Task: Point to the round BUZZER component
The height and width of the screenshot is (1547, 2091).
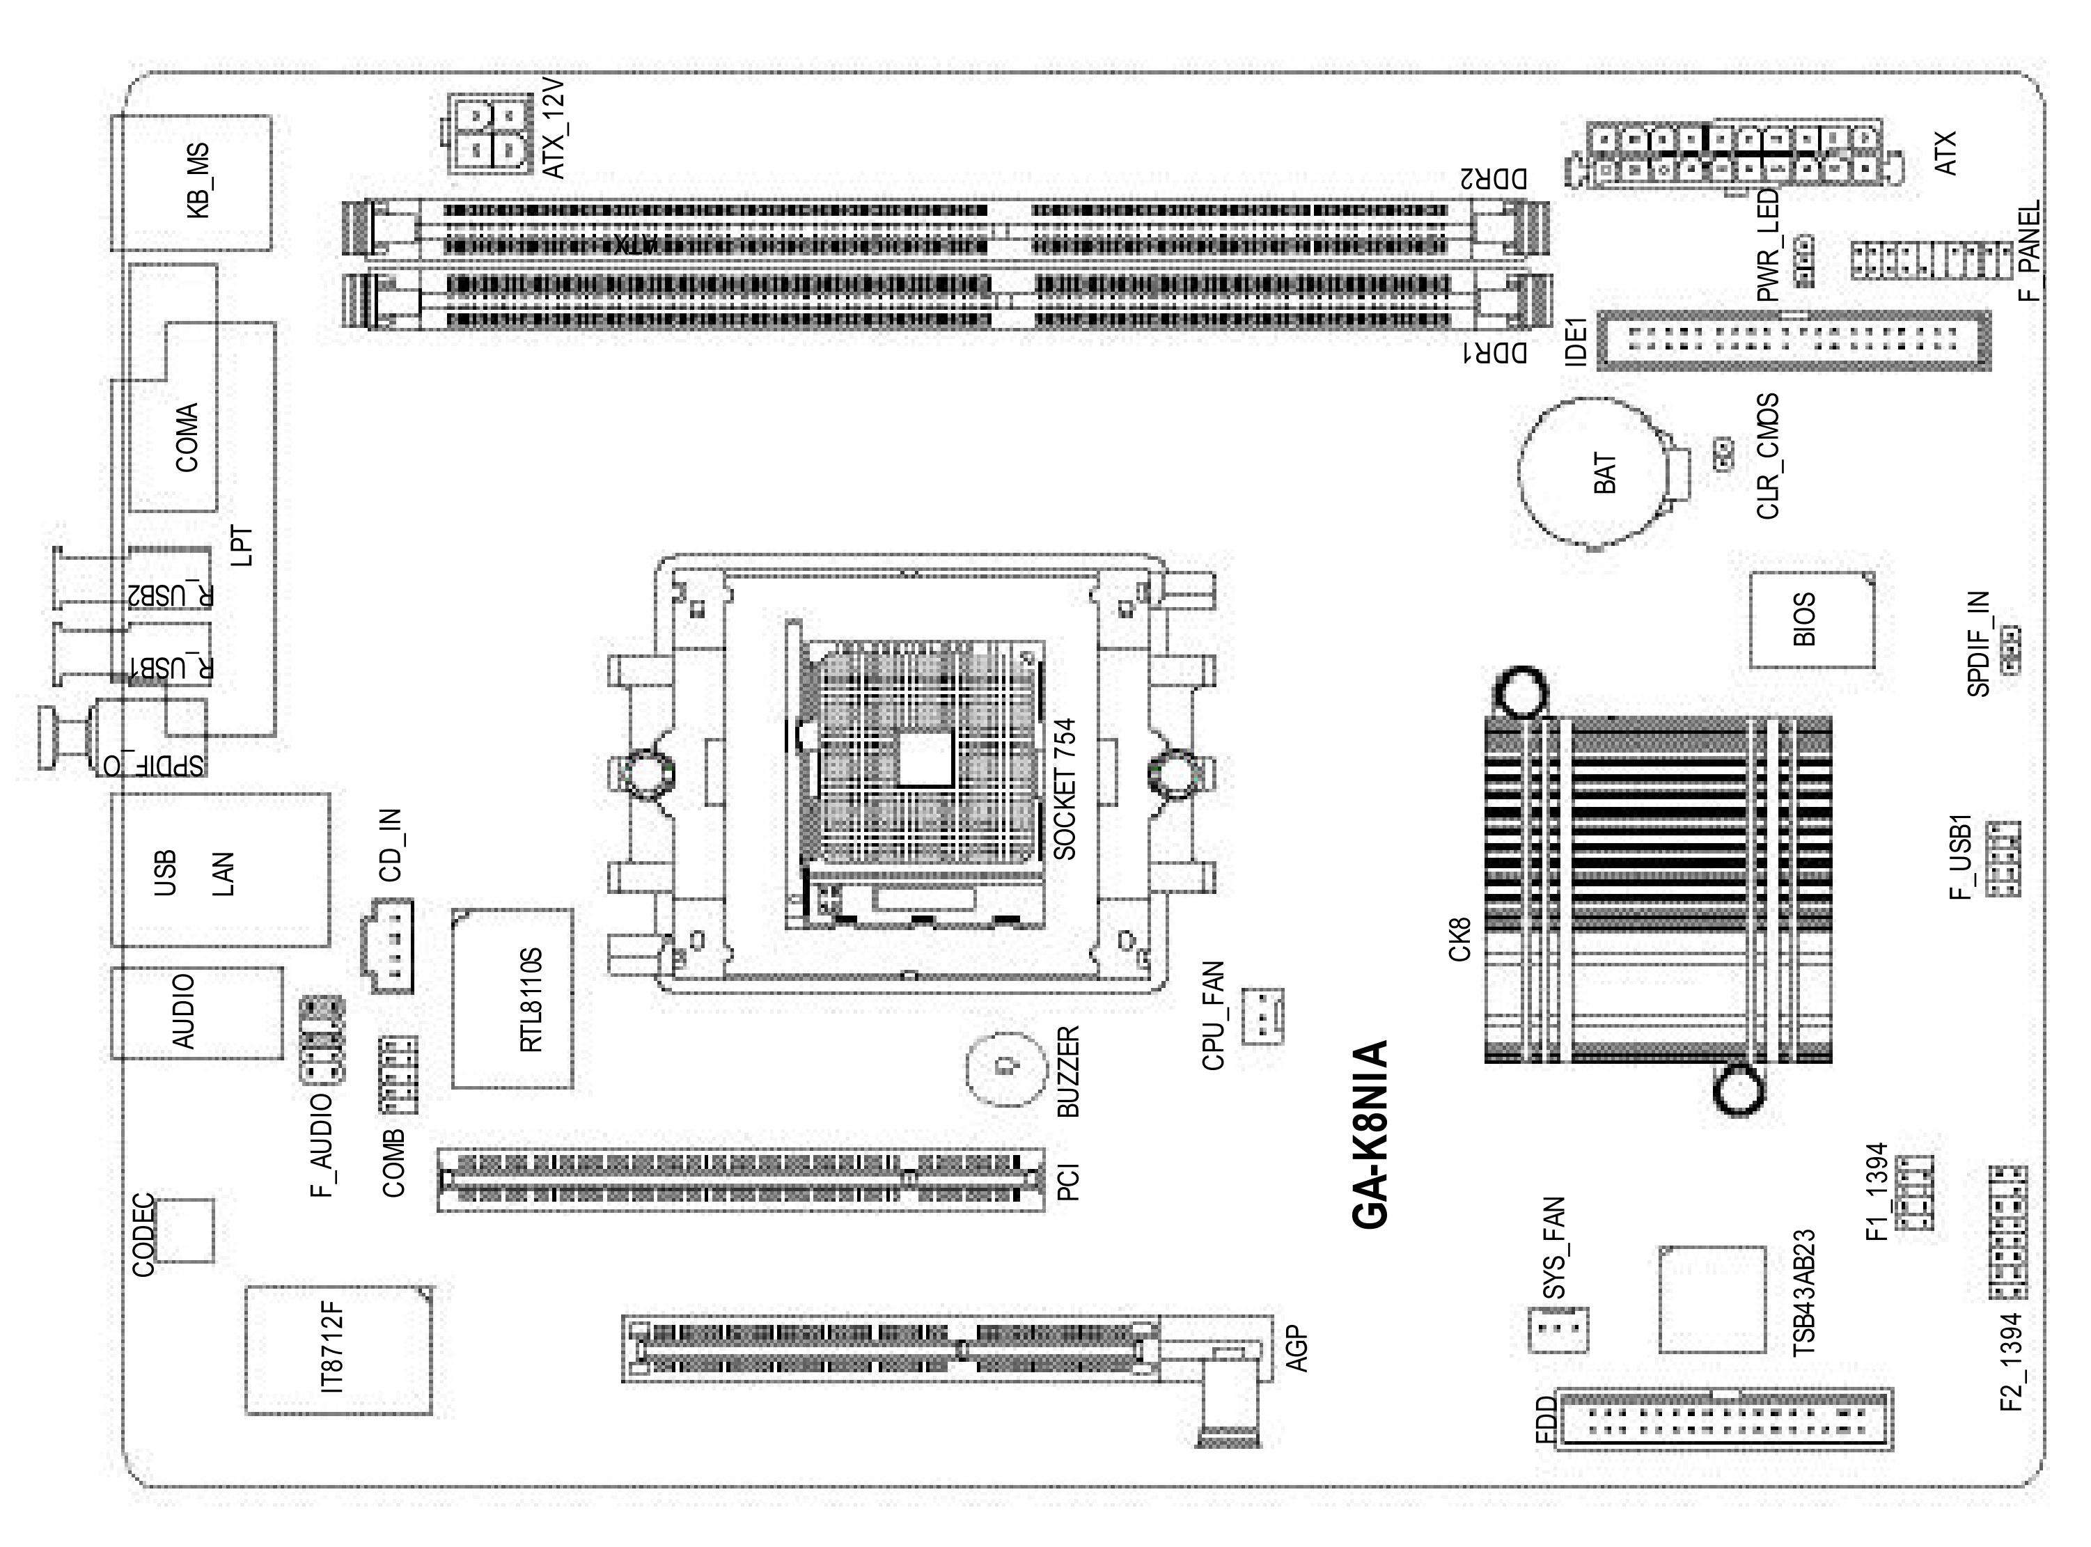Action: (1004, 1069)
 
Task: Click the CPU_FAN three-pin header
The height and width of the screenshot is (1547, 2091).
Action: (1262, 1016)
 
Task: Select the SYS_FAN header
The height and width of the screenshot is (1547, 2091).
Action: (1558, 1328)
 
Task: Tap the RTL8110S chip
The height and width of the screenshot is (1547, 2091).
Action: (512, 998)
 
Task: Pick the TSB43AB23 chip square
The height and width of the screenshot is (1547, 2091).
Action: (1713, 1299)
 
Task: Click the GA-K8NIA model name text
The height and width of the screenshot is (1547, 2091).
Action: (1370, 1134)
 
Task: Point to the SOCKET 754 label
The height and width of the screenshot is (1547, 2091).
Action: (1065, 789)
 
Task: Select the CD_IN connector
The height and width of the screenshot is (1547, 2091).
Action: (386, 945)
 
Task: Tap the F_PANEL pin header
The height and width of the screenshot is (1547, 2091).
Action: (1931, 260)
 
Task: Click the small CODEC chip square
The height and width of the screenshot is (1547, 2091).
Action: (185, 1230)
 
